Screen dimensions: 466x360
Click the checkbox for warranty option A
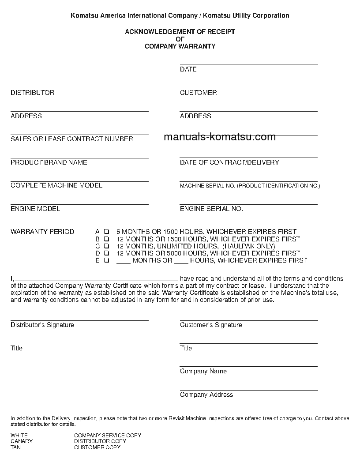pyautogui.click(x=106, y=232)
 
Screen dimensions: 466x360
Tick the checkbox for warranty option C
pyautogui.click(x=106, y=246)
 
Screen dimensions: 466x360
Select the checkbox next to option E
pyautogui.click(x=106, y=260)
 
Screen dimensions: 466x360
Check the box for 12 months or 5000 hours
pyautogui.click(x=106, y=253)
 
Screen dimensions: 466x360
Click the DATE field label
pyautogui.click(x=188, y=69)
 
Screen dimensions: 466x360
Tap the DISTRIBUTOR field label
pyautogui.click(x=33, y=93)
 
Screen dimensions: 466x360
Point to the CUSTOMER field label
pyautogui.click(x=198, y=93)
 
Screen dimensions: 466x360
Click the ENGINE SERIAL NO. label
pyautogui.click(x=211, y=209)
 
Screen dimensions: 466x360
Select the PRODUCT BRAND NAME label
pyautogui.click(x=49, y=162)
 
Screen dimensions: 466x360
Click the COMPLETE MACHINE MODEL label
pyautogui.click(x=56, y=185)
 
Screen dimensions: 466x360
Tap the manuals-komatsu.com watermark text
pyautogui.click(x=220, y=137)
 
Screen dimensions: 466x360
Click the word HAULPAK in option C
pyautogui.click(x=239, y=246)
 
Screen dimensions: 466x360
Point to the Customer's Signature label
pyautogui.click(x=211, y=325)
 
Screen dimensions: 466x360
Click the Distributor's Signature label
pyautogui.click(x=42, y=325)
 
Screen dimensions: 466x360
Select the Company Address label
pyautogui.click(x=206, y=395)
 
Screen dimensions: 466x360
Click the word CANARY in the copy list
pyautogui.click(x=22, y=441)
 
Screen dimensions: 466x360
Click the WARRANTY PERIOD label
pyautogui.click(x=42, y=232)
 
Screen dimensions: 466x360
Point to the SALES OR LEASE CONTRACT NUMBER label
pyautogui.click(x=72, y=139)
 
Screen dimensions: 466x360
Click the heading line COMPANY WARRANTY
pyautogui.click(x=180, y=46)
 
